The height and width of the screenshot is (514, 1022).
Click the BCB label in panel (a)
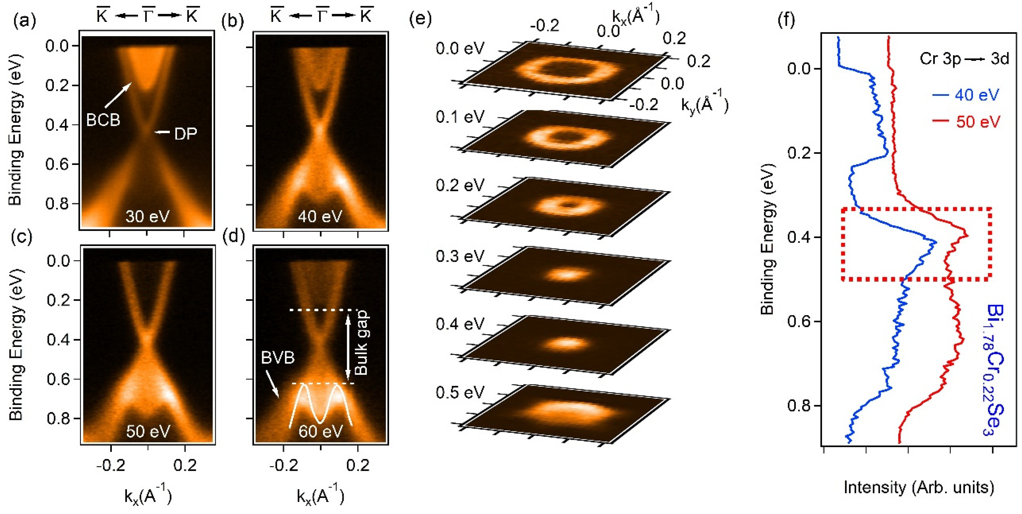pos(103,119)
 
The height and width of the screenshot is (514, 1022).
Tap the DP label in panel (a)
pos(185,134)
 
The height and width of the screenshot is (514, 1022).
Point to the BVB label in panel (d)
pos(278,358)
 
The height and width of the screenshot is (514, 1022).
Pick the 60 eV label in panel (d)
pos(320,431)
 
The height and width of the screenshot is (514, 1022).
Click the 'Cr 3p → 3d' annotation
pos(964,59)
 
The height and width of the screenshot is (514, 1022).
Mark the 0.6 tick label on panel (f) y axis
pos(798,321)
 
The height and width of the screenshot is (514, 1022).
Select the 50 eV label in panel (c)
pos(148,431)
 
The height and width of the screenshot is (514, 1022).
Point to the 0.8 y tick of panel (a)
pos(57,204)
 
